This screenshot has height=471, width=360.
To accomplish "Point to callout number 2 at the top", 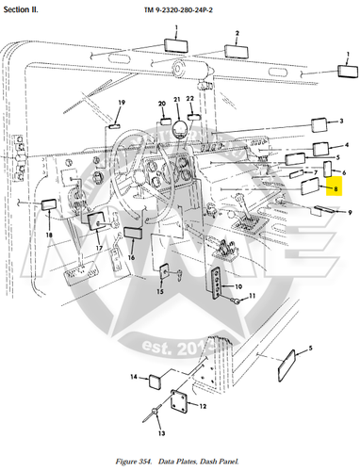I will (237, 33).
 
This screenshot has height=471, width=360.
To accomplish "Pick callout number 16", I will (131, 256).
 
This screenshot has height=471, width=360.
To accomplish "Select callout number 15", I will (159, 292).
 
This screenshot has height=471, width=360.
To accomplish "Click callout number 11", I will (252, 297).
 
